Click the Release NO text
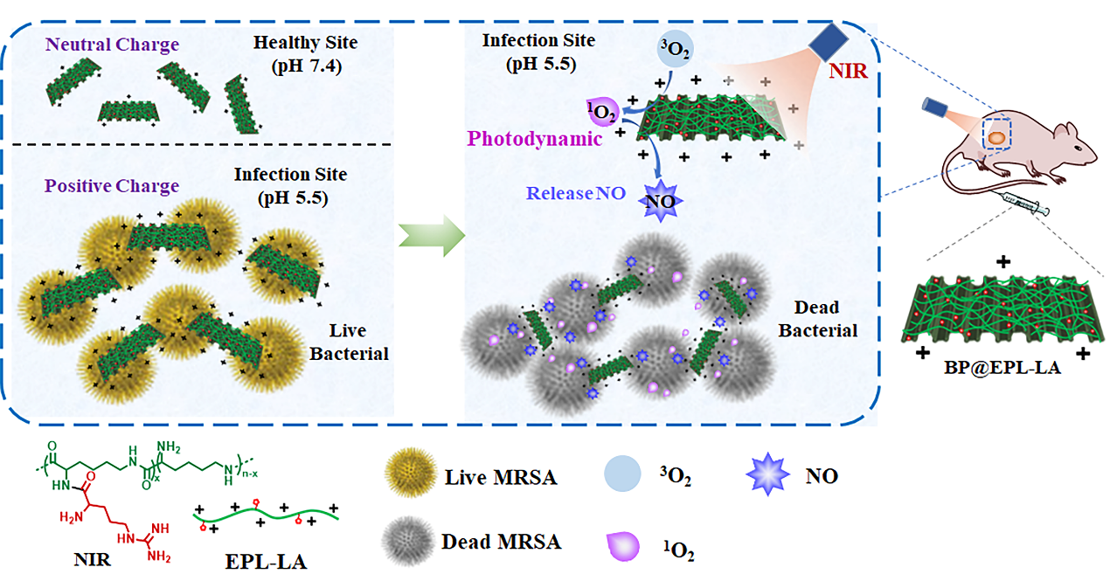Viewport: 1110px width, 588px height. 573,193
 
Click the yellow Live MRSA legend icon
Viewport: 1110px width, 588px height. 408,477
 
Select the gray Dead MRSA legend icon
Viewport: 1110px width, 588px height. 408,543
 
